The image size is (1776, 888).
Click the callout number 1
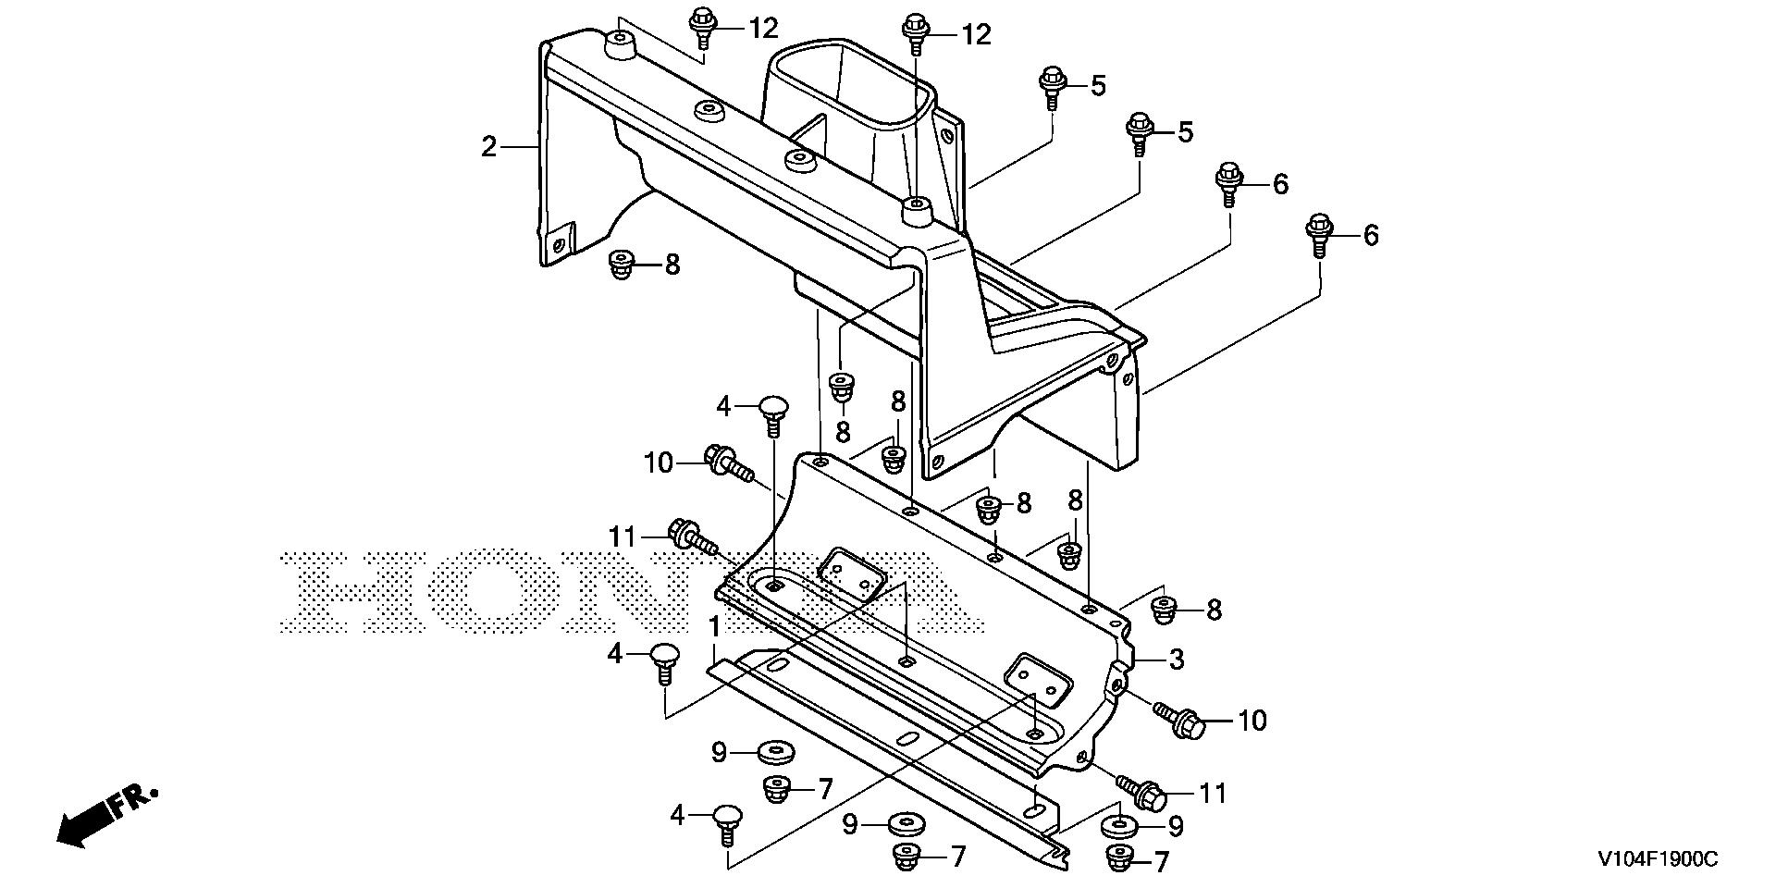click(714, 628)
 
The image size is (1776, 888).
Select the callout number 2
click(489, 146)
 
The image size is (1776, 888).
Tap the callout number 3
click(1176, 660)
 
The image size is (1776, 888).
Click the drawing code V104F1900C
click(1657, 860)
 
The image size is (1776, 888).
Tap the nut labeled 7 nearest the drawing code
click(1119, 859)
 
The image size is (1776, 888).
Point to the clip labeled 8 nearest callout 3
click(1163, 608)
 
